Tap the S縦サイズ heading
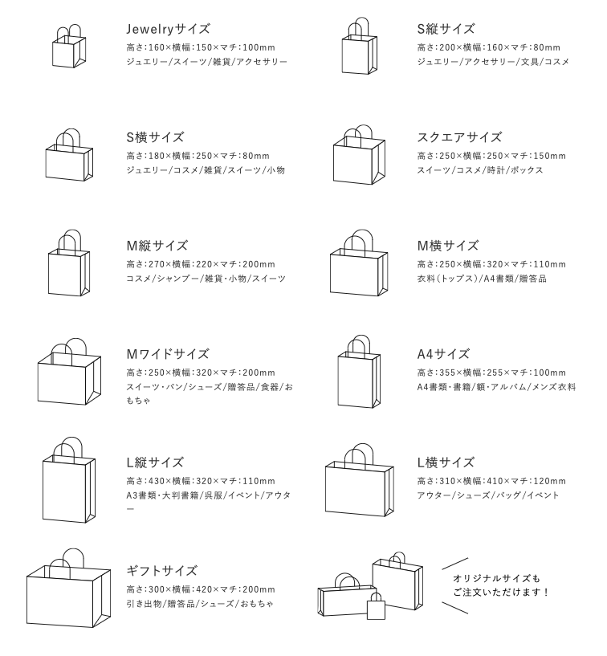pos(446,28)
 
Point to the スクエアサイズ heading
pos(459,136)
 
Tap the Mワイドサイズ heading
pos(168,353)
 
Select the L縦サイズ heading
pos(155,462)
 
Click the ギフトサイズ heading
pos(161,571)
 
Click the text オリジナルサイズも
pos(497,578)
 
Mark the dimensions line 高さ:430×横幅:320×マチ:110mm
pos(201,481)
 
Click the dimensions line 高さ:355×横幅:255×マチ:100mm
pos(491,373)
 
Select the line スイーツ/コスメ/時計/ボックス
pos(480,170)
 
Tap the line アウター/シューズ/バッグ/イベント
pos(487,495)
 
